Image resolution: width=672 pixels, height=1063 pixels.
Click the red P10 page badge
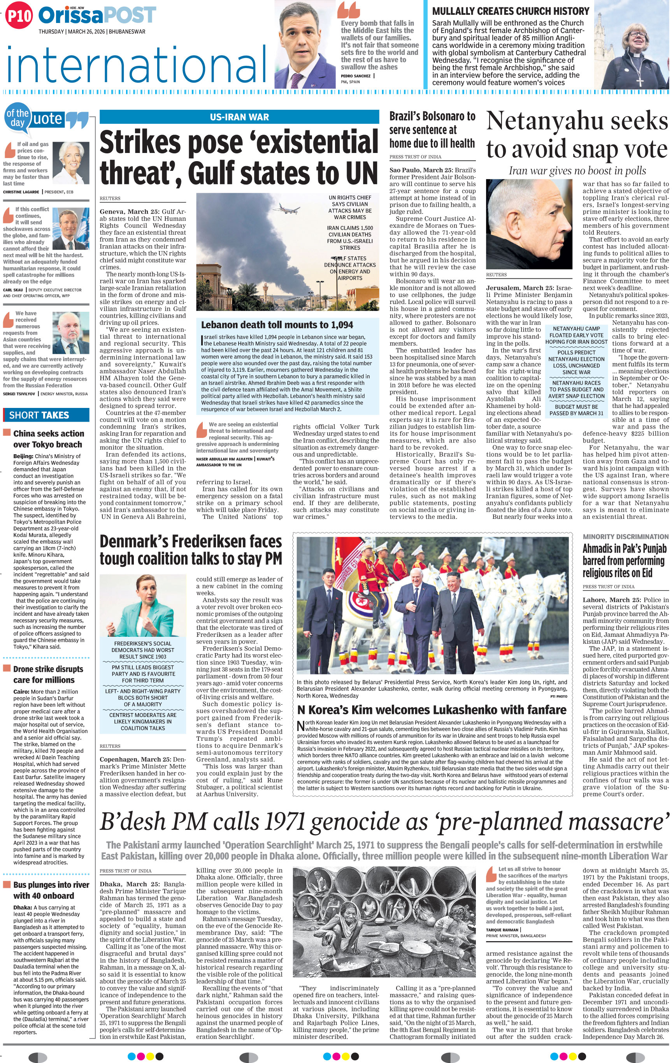19,16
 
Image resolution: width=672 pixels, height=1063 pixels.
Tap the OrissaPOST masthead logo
97,16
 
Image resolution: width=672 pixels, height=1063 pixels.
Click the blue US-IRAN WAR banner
239,117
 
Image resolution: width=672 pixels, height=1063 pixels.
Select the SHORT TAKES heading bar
46,415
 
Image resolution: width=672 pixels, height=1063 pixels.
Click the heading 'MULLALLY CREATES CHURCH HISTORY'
511,11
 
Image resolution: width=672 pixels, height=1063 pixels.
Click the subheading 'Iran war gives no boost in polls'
577,171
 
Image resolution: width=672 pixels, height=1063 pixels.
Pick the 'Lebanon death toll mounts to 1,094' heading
277,325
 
